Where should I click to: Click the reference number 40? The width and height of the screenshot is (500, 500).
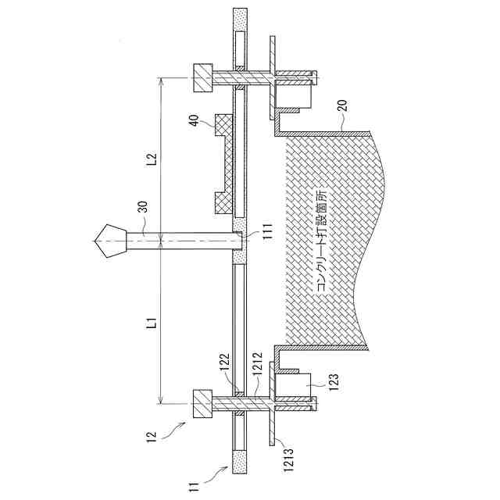(x=195, y=120)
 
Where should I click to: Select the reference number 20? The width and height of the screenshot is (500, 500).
(x=342, y=106)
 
